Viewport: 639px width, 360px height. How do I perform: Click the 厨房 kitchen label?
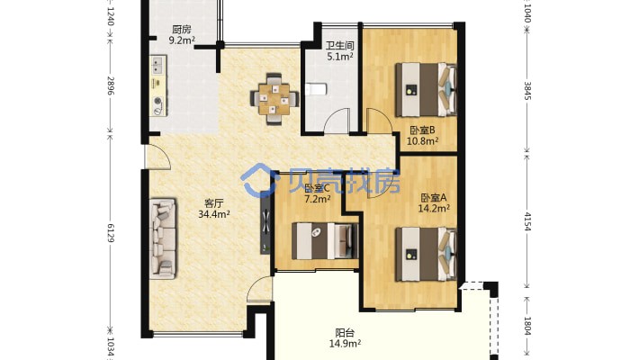(181, 30)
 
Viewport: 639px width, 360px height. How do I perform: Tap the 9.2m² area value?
(182, 40)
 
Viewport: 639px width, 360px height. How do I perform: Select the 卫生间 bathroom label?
(339, 46)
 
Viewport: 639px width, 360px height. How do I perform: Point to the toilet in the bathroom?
(316, 89)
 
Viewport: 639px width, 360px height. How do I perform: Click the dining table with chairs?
(274, 98)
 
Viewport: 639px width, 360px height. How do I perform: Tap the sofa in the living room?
(163, 238)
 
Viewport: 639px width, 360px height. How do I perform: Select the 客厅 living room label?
(213, 203)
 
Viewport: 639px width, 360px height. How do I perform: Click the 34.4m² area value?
(214, 213)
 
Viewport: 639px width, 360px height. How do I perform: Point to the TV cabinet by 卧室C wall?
(265, 222)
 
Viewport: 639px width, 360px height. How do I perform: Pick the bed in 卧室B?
(426, 89)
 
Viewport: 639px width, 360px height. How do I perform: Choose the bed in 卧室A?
(426, 255)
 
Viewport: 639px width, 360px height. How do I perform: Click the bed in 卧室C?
(325, 241)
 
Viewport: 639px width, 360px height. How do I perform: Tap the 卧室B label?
(423, 130)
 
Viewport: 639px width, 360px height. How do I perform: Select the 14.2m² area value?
(434, 208)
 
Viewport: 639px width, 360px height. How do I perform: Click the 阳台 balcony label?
(345, 333)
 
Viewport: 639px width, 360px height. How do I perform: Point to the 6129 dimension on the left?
(110, 232)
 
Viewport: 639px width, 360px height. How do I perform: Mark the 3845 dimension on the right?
(527, 91)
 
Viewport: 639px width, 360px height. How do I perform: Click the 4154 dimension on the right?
(527, 221)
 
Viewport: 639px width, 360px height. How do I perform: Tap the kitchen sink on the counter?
(157, 65)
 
